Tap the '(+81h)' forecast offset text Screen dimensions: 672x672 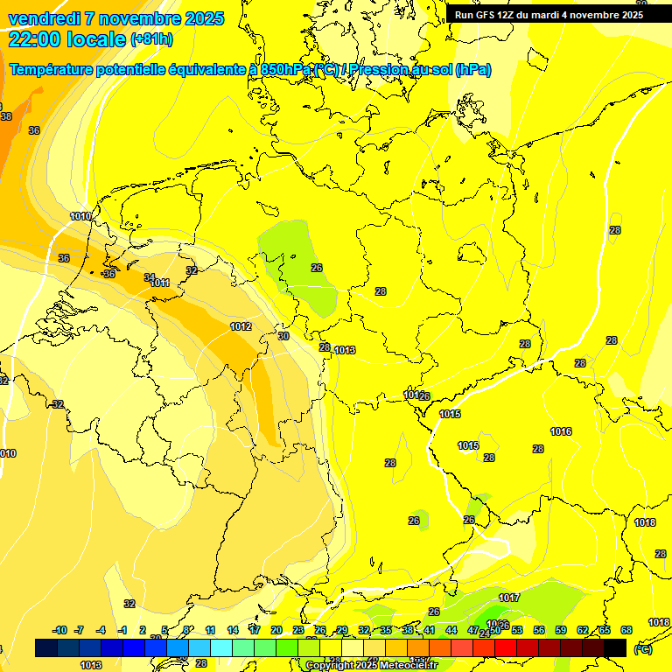pyautogui.click(x=152, y=39)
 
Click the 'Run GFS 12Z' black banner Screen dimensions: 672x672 pyautogui.click(x=549, y=15)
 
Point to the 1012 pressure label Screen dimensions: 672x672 pyautogui.click(x=241, y=326)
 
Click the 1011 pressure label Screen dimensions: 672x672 pyautogui.click(x=159, y=283)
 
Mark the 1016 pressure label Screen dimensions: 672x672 pyautogui.click(x=561, y=431)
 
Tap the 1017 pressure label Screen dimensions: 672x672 pyautogui.click(x=509, y=598)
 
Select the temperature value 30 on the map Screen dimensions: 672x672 pyautogui.click(x=283, y=336)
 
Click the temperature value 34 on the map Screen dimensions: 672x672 pyautogui.click(x=150, y=277)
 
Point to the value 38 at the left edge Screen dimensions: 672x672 pyautogui.click(x=6, y=116)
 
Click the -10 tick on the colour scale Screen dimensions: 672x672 pyautogui.click(x=59, y=630)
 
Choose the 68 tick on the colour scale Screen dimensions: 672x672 pyautogui.click(x=626, y=630)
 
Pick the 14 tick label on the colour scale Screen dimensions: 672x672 pyautogui.click(x=233, y=630)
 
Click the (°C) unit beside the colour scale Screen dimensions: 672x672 pyautogui.click(x=642, y=648)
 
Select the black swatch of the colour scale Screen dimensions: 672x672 pyautogui.click(x=615, y=647)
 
